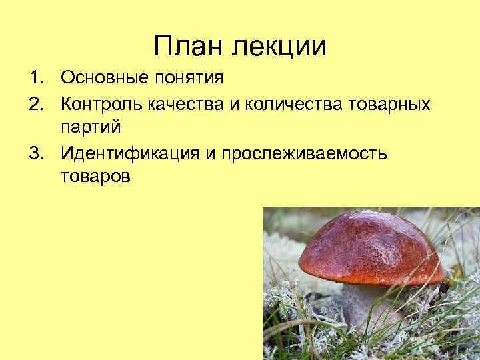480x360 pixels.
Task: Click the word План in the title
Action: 188,46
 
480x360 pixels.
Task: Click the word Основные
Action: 100,79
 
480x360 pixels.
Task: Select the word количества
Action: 282,104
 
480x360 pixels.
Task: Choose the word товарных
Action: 387,104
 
